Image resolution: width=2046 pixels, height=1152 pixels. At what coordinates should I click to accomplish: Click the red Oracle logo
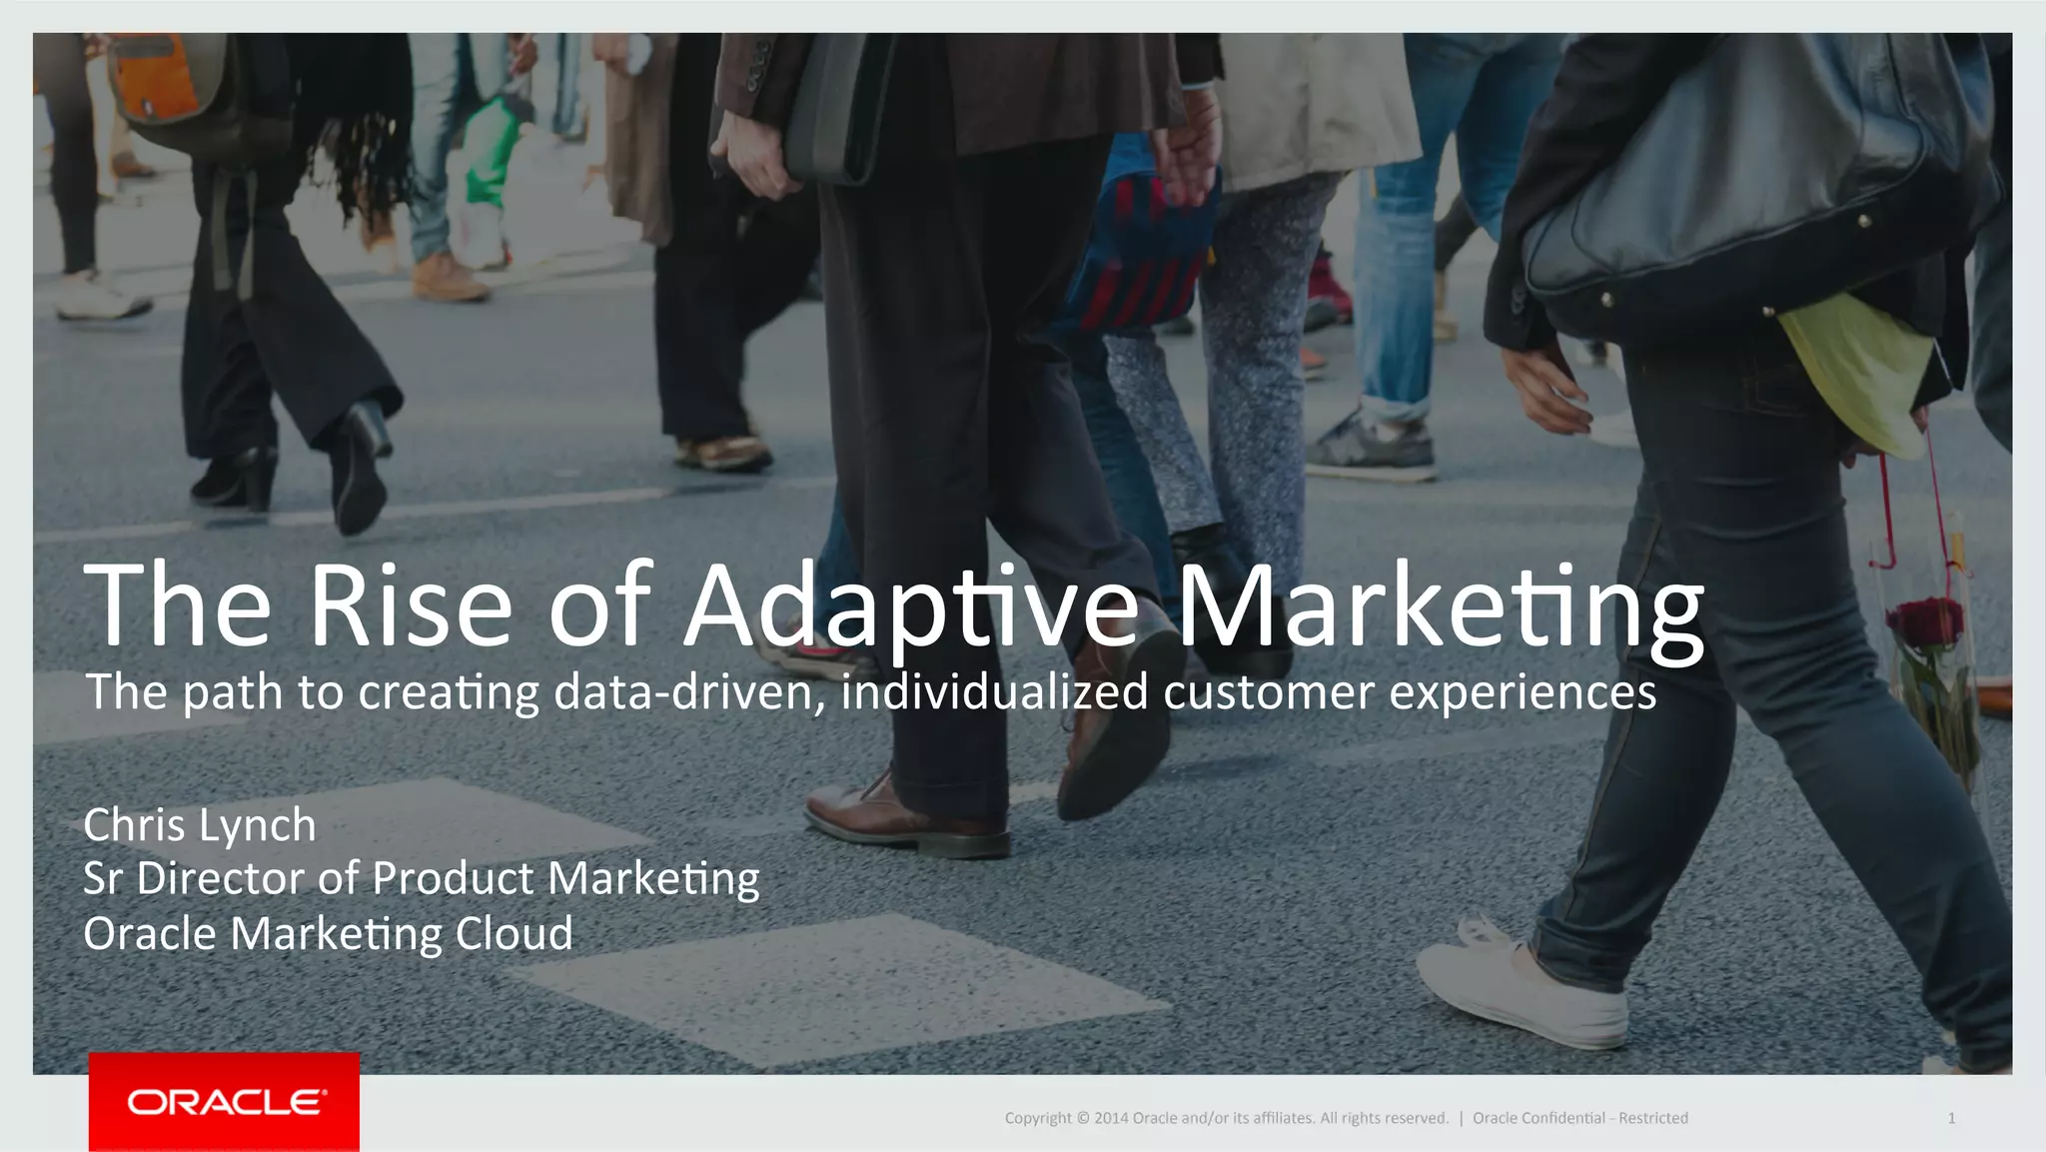click(224, 1101)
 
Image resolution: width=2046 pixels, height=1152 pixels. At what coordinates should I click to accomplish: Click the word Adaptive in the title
click(911, 607)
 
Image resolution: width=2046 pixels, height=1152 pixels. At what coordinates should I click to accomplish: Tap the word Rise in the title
click(410, 605)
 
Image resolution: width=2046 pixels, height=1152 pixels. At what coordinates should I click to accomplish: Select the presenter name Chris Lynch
click(200, 825)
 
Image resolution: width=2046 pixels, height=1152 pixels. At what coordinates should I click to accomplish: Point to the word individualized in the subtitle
click(994, 691)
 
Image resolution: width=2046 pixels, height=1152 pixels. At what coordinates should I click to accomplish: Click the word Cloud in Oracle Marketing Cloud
click(513, 933)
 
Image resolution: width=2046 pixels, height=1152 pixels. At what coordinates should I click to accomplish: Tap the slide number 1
click(1951, 1118)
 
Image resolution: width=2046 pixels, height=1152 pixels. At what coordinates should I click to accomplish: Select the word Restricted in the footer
click(1653, 1118)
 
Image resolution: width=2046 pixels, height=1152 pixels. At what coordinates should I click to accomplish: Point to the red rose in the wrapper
click(1924, 623)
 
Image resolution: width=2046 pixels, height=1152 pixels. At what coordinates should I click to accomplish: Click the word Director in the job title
click(221, 878)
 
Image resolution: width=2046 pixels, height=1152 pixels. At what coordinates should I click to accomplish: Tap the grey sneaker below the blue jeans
click(1370, 445)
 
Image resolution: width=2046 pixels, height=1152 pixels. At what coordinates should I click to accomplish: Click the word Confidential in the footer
click(1538, 1118)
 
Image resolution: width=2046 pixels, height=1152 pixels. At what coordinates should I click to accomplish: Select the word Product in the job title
click(453, 878)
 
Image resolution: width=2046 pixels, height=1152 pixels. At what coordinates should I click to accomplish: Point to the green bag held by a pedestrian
click(490, 150)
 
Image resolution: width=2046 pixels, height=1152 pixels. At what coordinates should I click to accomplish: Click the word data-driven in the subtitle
click(690, 691)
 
